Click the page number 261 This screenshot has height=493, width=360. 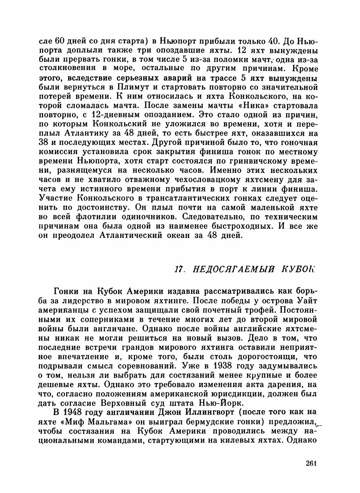(x=311, y=463)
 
